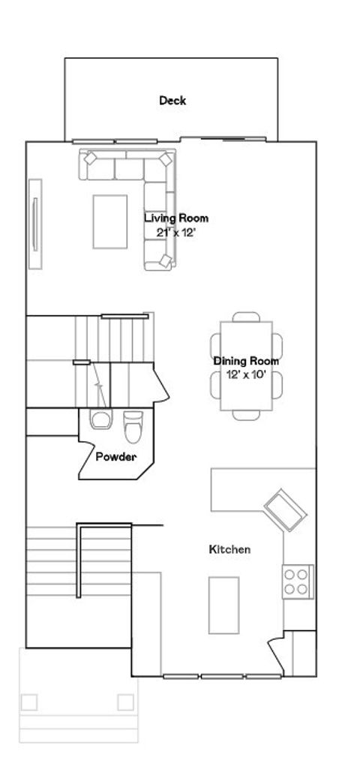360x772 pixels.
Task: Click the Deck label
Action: pyautogui.click(x=172, y=101)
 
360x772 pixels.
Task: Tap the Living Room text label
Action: pyautogui.click(x=176, y=218)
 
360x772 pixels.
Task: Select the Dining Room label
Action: pyautogui.click(x=245, y=361)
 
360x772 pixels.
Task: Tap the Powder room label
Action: pyautogui.click(x=115, y=455)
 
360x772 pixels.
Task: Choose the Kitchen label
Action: pyautogui.click(x=229, y=550)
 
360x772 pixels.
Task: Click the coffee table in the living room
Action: pyautogui.click(x=110, y=221)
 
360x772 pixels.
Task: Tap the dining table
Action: pyautogui.click(x=246, y=365)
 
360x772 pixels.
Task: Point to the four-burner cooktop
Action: pyautogui.click(x=297, y=581)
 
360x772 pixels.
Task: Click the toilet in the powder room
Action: pyautogui.click(x=133, y=428)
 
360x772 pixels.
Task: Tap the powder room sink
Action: pyautogui.click(x=98, y=420)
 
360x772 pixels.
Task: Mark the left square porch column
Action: pyautogui.click(x=29, y=702)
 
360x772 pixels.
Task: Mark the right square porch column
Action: pyautogui.click(x=125, y=702)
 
